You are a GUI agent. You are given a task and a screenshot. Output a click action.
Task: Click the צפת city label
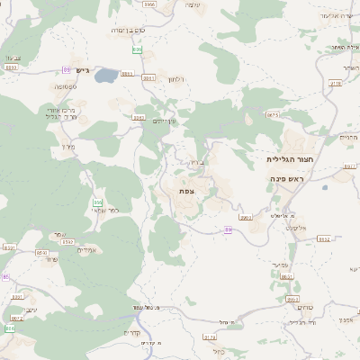pyautogui.click(x=186, y=191)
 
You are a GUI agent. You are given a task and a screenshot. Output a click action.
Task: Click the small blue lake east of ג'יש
pyautogui.click(x=104, y=76)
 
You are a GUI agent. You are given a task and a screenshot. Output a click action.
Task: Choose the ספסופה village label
pyautogui.click(x=65, y=86)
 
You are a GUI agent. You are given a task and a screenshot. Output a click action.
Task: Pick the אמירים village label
pyautogui.click(x=86, y=250)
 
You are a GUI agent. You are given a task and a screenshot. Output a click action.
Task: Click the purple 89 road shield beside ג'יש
pyautogui.click(x=67, y=68)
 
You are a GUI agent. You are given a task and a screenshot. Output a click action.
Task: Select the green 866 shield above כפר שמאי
pyautogui.click(x=97, y=202)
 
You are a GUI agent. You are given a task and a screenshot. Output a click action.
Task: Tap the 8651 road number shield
pyautogui.click(x=41, y=254)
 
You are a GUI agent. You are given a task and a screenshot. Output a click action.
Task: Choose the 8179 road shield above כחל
pyautogui.click(x=210, y=337)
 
